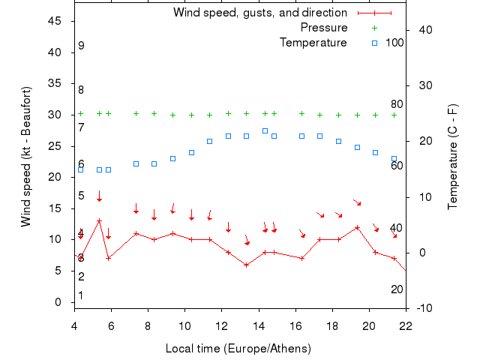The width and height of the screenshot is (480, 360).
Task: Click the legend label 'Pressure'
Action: click(x=324, y=28)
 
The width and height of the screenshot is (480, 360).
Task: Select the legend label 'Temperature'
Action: click(x=313, y=43)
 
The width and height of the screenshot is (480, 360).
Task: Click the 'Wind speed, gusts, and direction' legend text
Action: click(x=260, y=13)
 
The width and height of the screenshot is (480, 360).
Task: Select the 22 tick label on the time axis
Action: click(x=406, y=326)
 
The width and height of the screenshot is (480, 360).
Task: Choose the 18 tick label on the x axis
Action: click(x=332, y=326)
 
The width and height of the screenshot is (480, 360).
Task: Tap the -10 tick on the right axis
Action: click(x=424, y=308)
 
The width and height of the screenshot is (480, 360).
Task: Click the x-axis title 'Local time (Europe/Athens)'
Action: click(x=238, y=349)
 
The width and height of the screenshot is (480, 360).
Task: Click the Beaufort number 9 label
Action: click(x=81, y=46)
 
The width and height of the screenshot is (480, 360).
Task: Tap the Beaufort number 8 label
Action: click(x=81, y=90)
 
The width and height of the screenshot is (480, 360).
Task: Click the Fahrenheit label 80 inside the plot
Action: click(x=397, y=104)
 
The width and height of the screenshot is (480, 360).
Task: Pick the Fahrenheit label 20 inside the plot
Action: click(x=397, y=289)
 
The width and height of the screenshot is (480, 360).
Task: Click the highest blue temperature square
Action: click(x=265, y=130)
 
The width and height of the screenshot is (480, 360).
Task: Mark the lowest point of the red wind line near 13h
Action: click(x=246, y=265)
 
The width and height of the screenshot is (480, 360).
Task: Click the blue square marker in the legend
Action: click(x=375, y=43)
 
